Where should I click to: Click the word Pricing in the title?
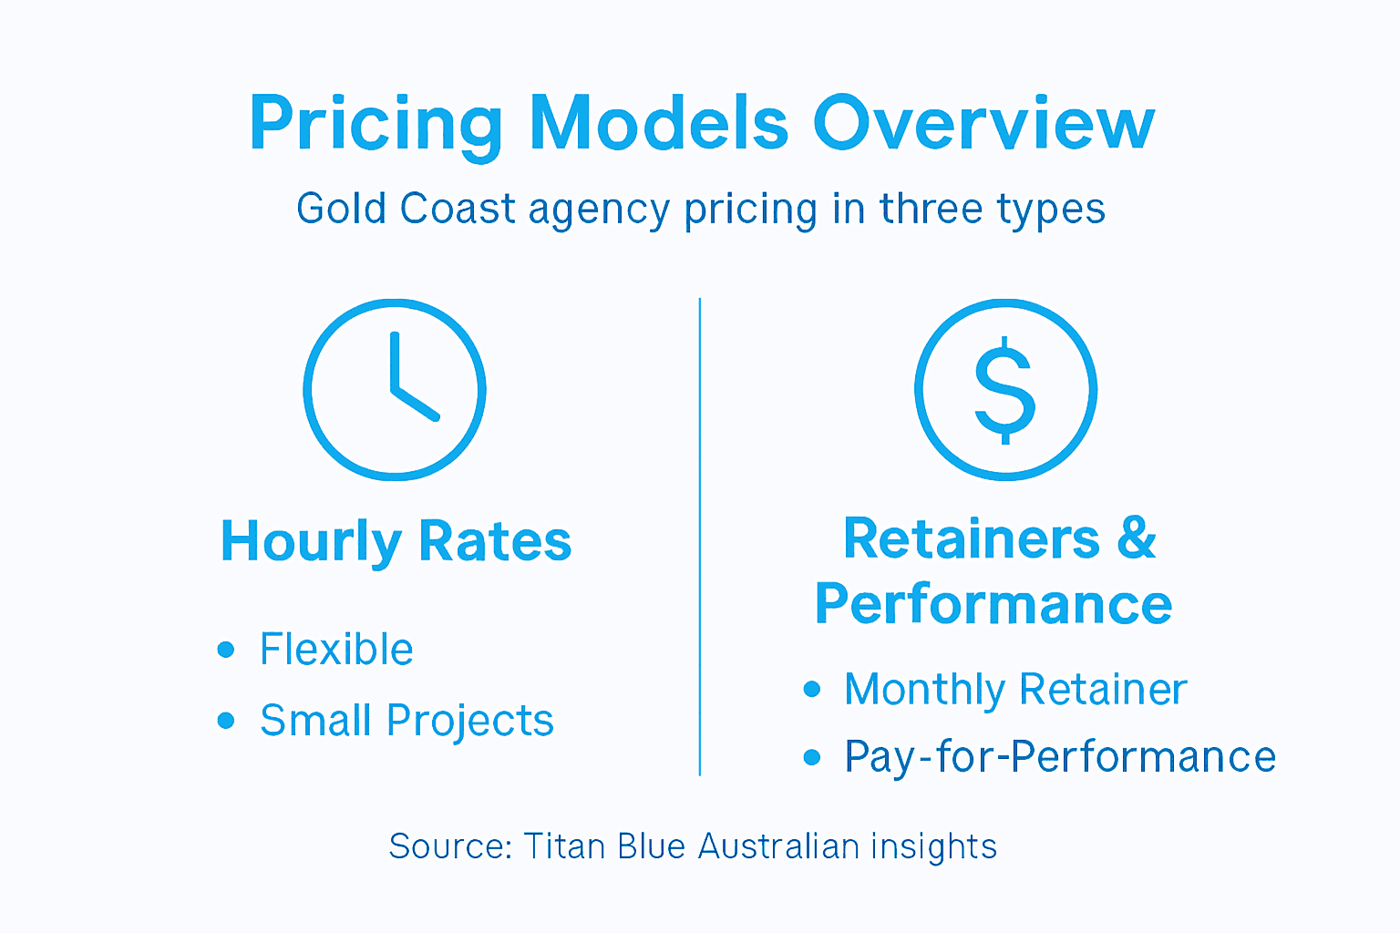(x=376, y=124)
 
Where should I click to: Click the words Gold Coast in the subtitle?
(x=406, y=209)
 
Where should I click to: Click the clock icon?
(x=395, y=389)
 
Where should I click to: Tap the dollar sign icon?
(x=1005, y=389)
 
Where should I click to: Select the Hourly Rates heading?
(x=396, y=541)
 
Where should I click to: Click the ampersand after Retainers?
(x=1136, y=538)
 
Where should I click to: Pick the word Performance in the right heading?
(x=993, y=604)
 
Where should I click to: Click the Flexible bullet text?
(x=336, y=650)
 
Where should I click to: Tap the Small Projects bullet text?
(x=407, y=721)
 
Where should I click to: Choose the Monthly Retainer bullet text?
(x=1015, y=689)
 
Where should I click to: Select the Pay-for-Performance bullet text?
(x=1060, y=757)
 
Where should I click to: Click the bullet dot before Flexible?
(x=226, y=650)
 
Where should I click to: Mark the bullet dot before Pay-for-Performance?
(x=812, y=757)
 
